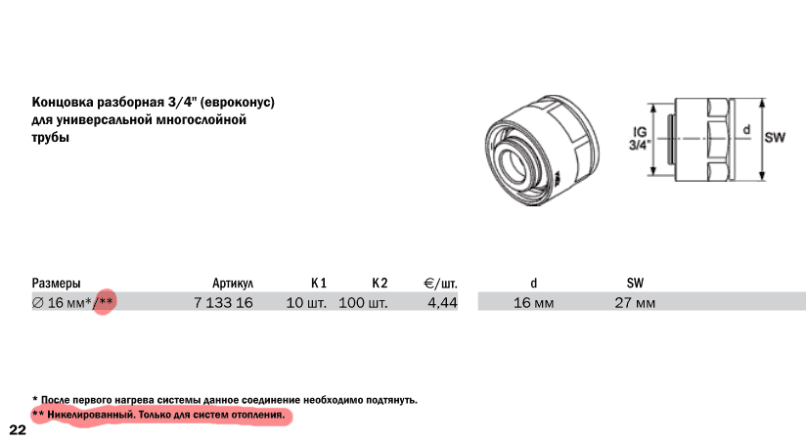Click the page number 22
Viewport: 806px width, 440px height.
tap(18, 429)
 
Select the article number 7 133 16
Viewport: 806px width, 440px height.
tap(223, 303)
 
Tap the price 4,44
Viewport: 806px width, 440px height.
tap(442, 303)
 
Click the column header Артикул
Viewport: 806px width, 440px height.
tap(233, 284)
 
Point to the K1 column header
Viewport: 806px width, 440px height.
tap(319, 284)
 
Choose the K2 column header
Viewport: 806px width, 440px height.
tap(380, 284)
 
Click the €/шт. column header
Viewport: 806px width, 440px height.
tap(440, 284)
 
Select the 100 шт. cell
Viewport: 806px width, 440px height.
tap(363, 303)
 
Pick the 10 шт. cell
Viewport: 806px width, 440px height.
tap(306, 303)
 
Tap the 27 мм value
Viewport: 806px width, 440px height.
tap(635, 303)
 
